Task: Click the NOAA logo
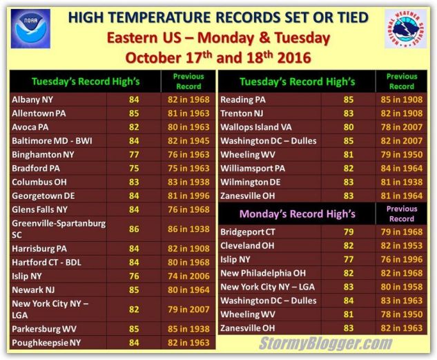30,29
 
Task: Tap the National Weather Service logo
405,29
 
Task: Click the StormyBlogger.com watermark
326,343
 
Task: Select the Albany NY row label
32,100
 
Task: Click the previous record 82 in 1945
188,141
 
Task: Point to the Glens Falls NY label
39,209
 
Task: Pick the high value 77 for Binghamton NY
134,155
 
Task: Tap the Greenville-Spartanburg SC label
59,229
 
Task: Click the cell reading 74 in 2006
188,276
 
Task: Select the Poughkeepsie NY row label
46,343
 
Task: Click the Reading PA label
243,100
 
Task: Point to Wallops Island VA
256,127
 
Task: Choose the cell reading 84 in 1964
402,168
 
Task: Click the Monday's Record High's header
298,214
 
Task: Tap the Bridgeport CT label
247,231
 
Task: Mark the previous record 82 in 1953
402,246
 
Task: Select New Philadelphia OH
263,273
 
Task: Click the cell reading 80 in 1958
402,287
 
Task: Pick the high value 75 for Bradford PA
134,168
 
